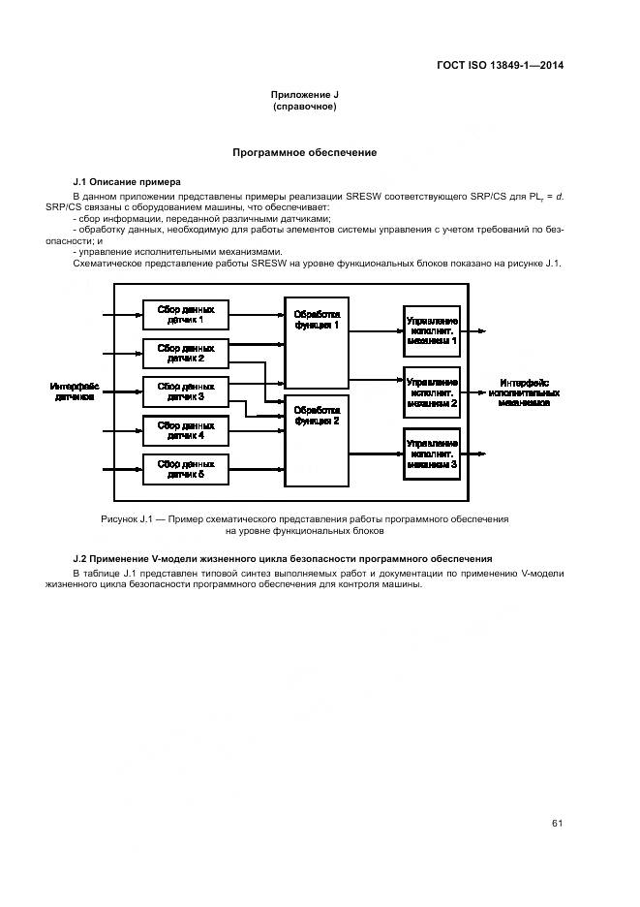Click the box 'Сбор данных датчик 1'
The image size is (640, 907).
tap(186, 314)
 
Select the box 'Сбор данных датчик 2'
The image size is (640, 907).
tap(186, 353)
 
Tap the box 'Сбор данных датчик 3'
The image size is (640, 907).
tap(186, 391)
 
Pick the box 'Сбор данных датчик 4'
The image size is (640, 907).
tap(186, 430)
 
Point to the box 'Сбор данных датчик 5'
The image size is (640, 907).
tap(186, 469)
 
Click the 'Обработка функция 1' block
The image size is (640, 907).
tap(317, 343)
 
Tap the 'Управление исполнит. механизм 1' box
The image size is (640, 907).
tap(432, 330)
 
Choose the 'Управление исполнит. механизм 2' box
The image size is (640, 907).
tap(432, 391)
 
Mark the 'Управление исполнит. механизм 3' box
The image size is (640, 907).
tap(432, 453)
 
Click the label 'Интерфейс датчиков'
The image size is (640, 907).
tap(75, 391)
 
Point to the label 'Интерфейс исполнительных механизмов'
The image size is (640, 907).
tap(524, 391)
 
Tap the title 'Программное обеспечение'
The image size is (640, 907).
tap(305, 153)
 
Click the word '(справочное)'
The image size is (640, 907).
tap(305, 107)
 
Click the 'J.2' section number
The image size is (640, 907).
tap(81, 559)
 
